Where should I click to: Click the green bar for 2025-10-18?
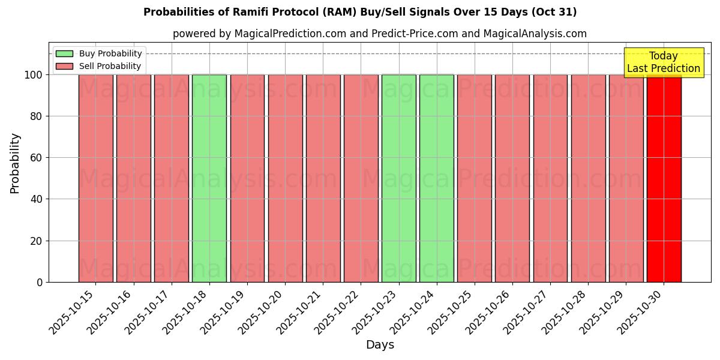point(209,178)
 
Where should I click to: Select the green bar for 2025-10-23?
point(399,178)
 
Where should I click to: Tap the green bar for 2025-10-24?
point(437,178)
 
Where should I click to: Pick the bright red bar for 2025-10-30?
point(664,178)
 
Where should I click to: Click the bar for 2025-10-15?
point(96,178)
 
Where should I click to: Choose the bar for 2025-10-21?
point(323,178)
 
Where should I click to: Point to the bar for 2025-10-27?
point(550,178)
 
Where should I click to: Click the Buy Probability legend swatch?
point(64,54)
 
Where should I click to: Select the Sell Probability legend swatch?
point(64,67)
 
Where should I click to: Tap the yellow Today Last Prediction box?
point(664,62)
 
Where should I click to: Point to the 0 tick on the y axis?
point(40,282)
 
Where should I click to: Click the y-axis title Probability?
point(15,163)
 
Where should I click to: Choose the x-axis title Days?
point(380,345)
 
